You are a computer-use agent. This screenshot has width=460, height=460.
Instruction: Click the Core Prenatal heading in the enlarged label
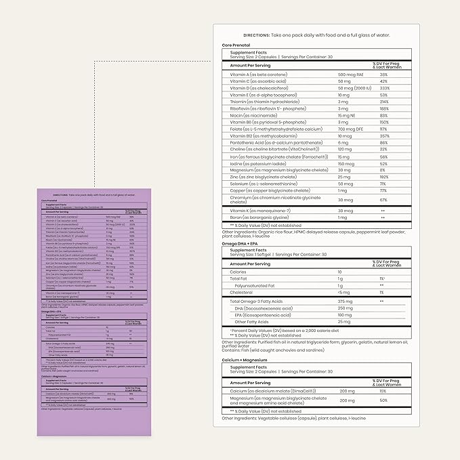pyautogui.click(x=235, y=45)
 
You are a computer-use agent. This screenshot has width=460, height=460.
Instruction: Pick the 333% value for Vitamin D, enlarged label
pyautogui.click(x=383, y=88)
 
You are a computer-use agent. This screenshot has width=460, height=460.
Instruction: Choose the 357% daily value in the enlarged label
pyautogui.click(x=383, y=135)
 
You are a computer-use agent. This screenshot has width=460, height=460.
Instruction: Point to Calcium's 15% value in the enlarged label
pyautogui.click(x=383, y=391)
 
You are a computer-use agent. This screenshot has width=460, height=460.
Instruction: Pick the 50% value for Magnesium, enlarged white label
pyautogui.click(x=383, y=400)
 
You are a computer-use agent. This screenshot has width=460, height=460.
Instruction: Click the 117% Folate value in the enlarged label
pyautogui.click(x=383, y=129)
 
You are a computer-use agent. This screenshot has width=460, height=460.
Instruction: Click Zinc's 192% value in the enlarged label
pyautogui.click(x=383, y=177)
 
